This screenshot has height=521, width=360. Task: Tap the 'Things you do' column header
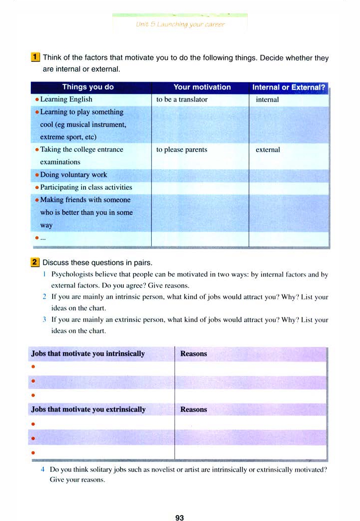[88, 87]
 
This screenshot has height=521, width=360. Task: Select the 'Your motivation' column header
[202, 87]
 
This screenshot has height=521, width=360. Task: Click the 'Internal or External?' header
[288, 87]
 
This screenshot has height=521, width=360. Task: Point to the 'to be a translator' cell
[181, 100]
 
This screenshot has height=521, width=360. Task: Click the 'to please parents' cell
[181, 150]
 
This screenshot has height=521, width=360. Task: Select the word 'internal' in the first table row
[268, 100]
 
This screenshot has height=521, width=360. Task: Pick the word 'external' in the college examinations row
[268, 150]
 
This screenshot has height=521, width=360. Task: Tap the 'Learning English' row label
[66, 100]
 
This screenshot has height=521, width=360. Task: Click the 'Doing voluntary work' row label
[73, 175]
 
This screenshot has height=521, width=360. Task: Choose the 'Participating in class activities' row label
[86, 188]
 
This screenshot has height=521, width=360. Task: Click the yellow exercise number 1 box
[36, 58]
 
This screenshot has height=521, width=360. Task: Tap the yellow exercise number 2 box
[36, 262]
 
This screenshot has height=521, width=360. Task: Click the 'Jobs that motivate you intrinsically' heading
[88, 354]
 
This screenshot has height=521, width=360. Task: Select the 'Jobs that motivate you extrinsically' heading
[89, 410]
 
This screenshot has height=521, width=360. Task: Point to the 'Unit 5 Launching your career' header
[180, 24]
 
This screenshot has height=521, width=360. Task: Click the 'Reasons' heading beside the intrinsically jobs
[193, 354]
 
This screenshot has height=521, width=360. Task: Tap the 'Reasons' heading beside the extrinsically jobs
[193, 410]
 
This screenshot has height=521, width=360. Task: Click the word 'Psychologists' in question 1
[71, 274]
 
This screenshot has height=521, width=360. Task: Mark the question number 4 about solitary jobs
[44, 469]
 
